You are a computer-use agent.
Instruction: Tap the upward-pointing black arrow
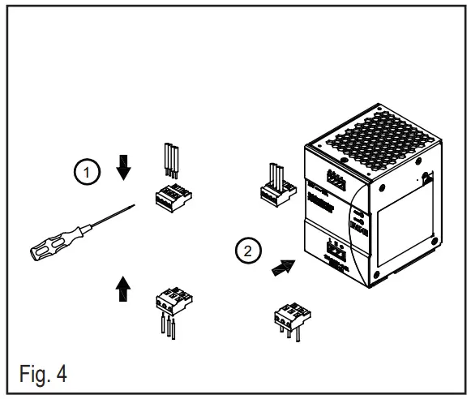click(123, 287)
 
